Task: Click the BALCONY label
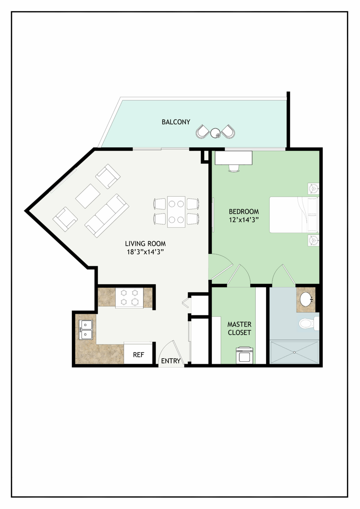[176, 122]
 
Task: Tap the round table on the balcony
[215, 133]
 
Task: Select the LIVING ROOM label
[145, 244]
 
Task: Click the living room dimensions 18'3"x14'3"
[145, 252]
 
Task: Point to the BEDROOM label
[244, 212]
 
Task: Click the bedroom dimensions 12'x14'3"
[244, 220]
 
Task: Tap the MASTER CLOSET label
[239, 328]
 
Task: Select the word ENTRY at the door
[171, 361]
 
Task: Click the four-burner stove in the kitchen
[129, 298]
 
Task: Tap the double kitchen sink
[86, 330]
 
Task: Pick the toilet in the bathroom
[309, 323]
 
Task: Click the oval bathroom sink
[306, 300]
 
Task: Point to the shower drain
[294, 353]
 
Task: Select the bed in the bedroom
[294, 215]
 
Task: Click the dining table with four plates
[176, 212]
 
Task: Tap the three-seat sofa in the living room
[107, 216]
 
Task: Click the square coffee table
[88, 196]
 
